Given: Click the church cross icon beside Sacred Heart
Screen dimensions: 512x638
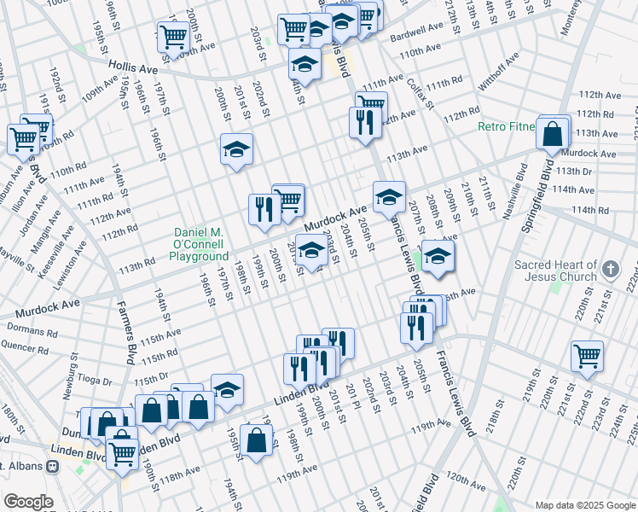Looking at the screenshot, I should point(610,270).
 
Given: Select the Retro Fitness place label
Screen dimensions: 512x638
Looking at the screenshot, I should point(506,127).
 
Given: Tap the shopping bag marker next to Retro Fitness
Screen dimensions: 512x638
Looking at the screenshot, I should point(553,134).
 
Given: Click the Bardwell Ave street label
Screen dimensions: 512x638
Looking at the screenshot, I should point(417,38).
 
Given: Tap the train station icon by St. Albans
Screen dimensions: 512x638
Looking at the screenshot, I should point(53,467).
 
